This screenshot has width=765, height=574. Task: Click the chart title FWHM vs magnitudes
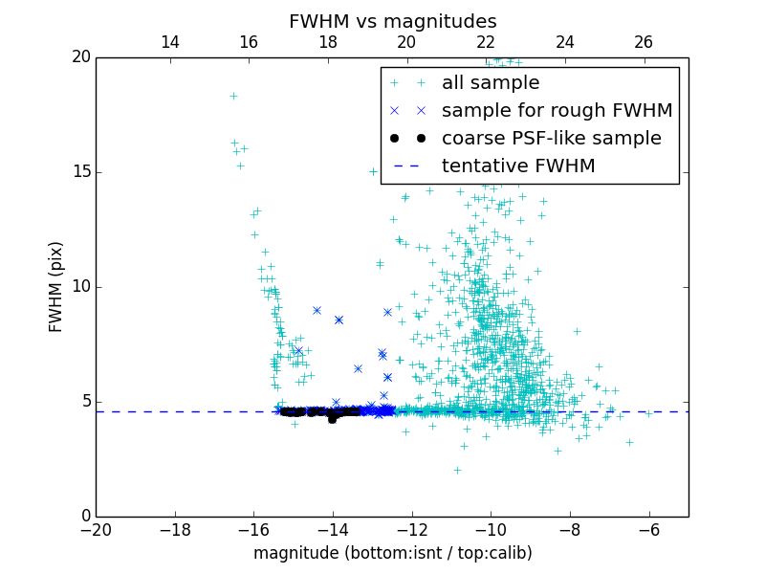392,21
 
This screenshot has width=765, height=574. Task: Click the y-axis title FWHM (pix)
56,287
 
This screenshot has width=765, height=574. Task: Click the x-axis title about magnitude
392,553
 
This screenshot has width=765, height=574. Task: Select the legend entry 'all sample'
491,83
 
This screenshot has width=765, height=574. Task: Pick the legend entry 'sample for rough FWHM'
557,110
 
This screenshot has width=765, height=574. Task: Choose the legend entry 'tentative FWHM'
518,166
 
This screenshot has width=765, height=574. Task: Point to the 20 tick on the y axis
80,57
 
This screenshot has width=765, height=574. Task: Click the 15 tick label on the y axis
80,172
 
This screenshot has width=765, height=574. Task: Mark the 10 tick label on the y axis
80,287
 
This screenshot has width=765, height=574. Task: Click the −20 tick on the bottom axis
96,528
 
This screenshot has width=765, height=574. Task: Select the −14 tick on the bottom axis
333,528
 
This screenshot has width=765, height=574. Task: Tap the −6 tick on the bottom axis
648,528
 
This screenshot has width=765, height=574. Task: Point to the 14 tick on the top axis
170,42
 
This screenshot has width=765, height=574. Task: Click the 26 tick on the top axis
644,42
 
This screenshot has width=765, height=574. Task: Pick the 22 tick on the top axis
486,42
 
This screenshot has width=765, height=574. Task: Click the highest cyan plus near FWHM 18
233,96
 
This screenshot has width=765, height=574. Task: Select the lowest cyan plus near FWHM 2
457,470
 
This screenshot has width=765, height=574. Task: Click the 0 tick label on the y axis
85,517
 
